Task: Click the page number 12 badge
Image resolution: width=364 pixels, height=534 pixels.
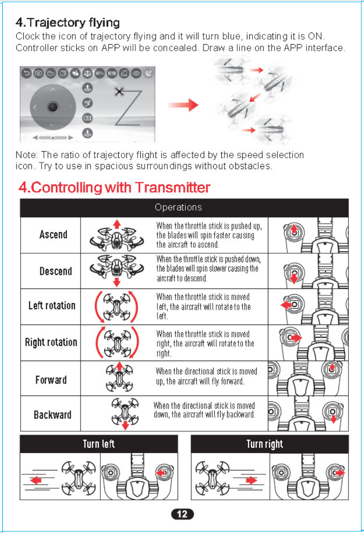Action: pyautogui.click(x=182, y=514)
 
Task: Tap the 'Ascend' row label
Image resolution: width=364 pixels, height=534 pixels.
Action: pyautogui.click(x=53, y=235)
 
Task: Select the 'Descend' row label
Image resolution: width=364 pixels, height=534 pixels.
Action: pyautogui.click(x=56, y=271)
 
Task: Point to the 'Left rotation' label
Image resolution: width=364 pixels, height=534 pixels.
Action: pyautogui.click(x=52, y=306)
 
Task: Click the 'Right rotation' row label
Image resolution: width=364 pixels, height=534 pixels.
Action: pyautogui.click(x=51, y=342)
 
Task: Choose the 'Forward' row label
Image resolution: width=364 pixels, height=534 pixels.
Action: pyautogui.click(x=51, y=380)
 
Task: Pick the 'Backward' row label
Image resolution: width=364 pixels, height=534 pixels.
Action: pyautogui.click(x=53, y=415)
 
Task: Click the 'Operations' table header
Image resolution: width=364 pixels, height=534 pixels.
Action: pyautogui.click(x=178, y=207)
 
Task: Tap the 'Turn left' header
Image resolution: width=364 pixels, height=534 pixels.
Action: pyautogui.click(x=99, y=444)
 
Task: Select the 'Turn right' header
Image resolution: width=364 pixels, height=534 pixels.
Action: pyautogui.click(x=265, y=444)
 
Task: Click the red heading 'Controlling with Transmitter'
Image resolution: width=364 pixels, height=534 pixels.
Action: pyautogui.click(x=114, y=188)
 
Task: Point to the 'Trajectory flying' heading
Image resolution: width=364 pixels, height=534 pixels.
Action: pyautogui.click(x=68, y=23)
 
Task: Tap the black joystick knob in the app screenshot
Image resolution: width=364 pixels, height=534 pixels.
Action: pyautogui.click(x=53, y=107)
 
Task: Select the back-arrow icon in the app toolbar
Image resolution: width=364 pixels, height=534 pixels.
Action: pyautogui.click(x=26, y=73)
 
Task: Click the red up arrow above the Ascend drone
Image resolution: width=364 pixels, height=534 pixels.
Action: pyautogui.click(x=117, y=224)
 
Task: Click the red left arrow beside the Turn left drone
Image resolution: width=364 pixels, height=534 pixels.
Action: pyautogui.click(x=36, y=480)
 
